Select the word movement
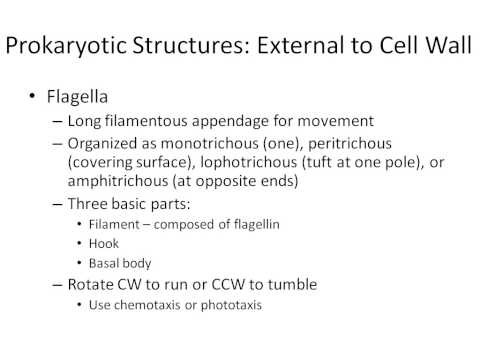319,121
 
